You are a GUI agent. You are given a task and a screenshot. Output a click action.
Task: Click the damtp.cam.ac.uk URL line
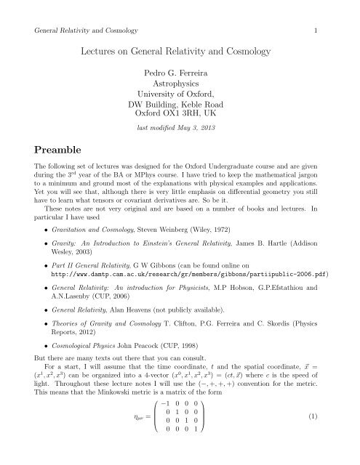[x=193, y=256]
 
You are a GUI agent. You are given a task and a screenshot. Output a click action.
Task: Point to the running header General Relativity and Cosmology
[x=81, y=11]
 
